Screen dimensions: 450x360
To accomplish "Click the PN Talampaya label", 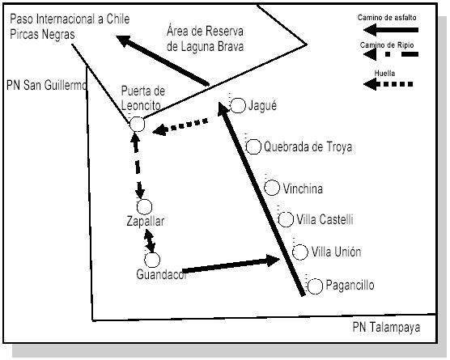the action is [x=386, y=328].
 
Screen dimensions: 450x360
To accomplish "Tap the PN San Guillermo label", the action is [x=46, y=85].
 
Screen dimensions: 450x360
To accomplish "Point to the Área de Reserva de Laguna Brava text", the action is [x=205, y=39].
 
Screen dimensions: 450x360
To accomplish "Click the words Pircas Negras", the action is [x=42, y=34].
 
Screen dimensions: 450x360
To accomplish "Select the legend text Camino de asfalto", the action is [x=387, y=18].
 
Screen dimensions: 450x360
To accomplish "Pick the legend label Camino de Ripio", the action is [x=387, y=45].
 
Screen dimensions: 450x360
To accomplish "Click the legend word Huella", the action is [x=384, y=73].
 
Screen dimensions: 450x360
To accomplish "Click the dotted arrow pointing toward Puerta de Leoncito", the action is [x=180, y=127].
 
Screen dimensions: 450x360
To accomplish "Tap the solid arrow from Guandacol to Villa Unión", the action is [x=231, y=265].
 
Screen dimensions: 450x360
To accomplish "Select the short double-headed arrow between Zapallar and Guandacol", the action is [x=150, y=242].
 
